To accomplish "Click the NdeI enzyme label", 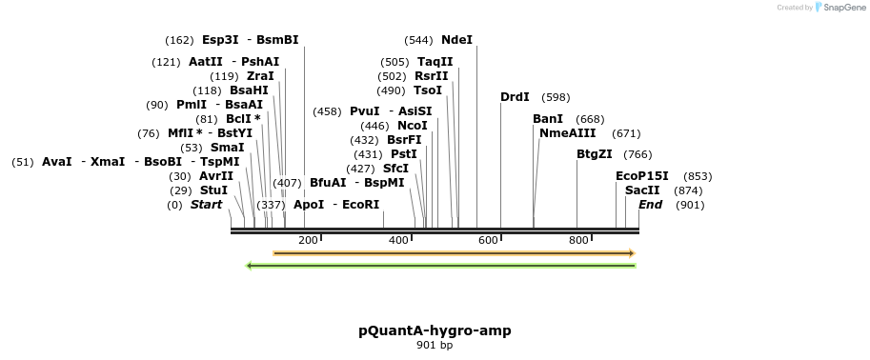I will [456, 40].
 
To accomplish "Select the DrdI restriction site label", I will [515, 97].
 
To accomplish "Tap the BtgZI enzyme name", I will [594, 154].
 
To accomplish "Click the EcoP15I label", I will [642, 176].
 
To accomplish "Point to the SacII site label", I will [642, 190].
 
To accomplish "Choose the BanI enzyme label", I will [548, 119].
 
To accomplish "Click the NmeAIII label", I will [567, 133].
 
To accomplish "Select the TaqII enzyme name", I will [435, 62].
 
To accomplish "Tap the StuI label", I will [213, 190].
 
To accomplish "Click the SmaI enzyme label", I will [227, 148].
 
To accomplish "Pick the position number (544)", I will [418, 40].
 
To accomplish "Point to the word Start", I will [206, 205].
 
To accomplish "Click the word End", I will [650, 205].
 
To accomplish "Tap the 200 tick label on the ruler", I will [308, 240].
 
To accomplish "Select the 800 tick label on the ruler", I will [578, 240].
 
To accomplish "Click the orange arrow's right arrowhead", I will [631, 253].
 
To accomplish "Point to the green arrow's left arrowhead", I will [250, 266].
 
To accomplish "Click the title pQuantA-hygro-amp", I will [435, 331].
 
